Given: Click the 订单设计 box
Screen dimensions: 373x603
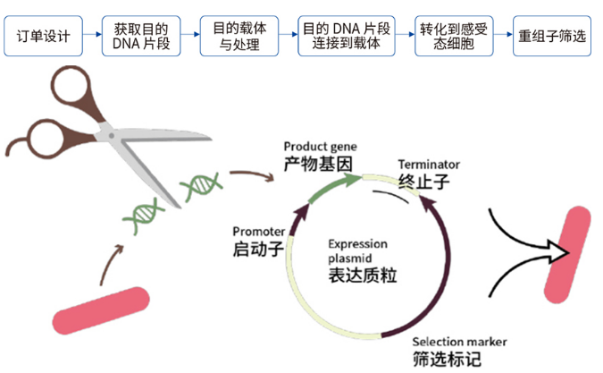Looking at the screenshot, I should (44, 38).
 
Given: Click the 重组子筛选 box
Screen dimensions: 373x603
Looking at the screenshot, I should (552, 38).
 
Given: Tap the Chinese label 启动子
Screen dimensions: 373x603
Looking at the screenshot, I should (258, 248).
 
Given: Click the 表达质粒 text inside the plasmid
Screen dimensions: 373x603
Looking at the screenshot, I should (362, 275).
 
